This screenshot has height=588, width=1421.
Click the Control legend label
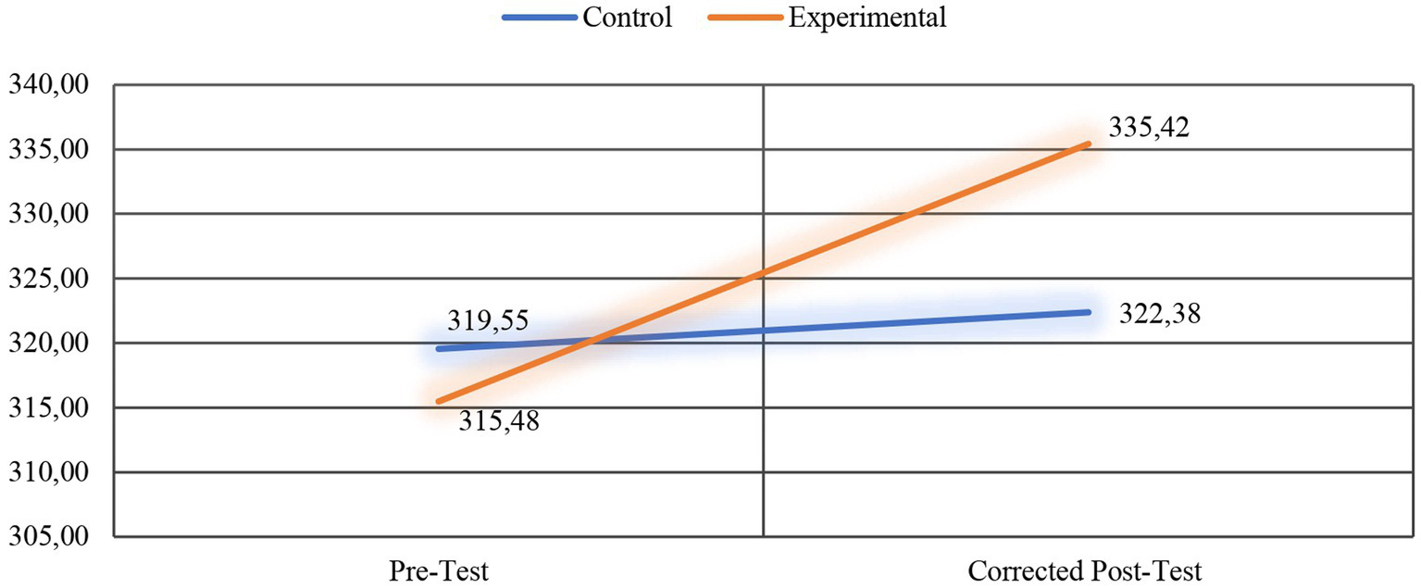point(627,18)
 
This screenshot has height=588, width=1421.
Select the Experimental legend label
point(867,18)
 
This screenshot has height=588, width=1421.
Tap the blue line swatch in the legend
point(540,18)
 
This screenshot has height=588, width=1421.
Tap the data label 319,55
point(488,321)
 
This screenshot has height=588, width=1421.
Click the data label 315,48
point(499,422)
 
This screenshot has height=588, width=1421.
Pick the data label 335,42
point(1149,126)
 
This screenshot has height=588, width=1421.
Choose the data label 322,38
point(1160,315)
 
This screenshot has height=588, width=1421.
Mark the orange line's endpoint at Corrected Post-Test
point(1089,144)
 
